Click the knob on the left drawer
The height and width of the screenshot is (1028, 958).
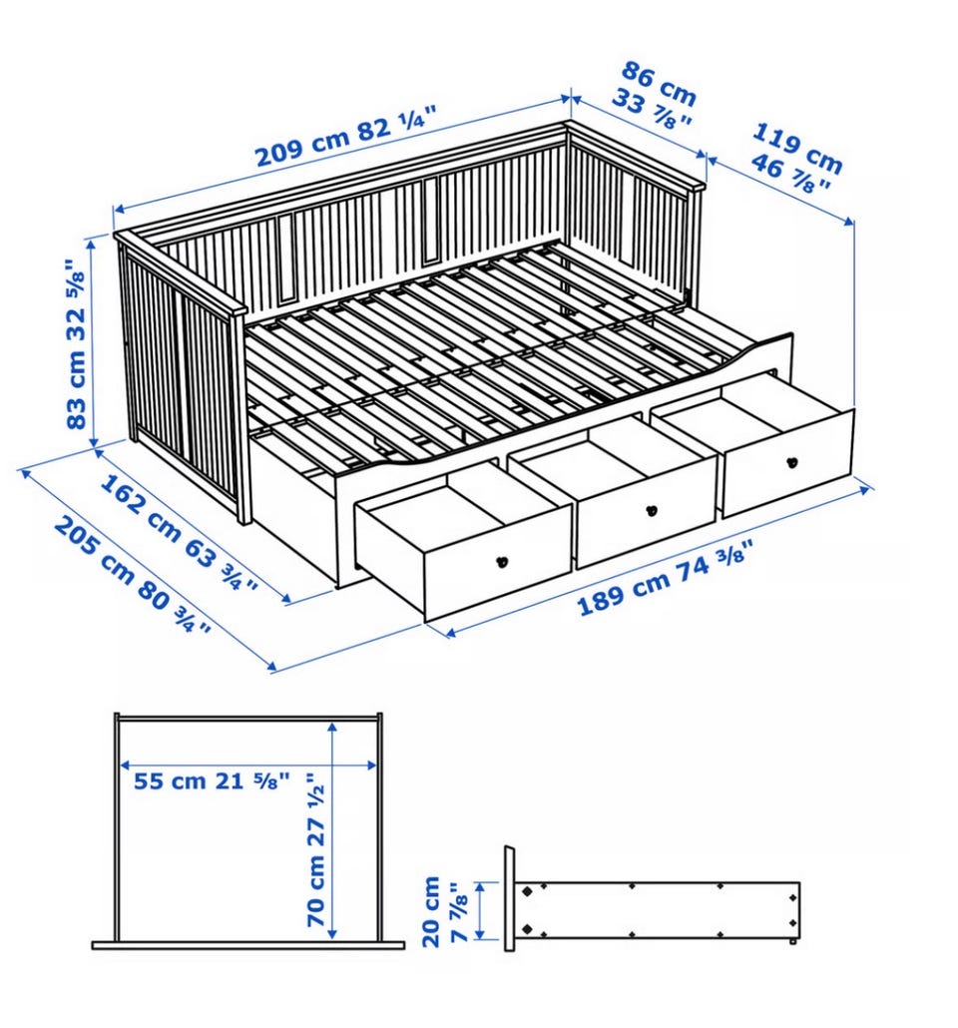502,561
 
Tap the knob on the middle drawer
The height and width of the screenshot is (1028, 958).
651,509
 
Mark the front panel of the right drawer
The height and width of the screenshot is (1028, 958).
787,463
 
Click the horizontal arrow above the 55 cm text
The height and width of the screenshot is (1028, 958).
248,764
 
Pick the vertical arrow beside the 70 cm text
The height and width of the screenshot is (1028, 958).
333,828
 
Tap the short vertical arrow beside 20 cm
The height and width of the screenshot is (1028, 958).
481,910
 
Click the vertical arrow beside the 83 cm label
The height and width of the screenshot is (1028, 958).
93,341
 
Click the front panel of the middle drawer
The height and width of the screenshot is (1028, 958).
647,511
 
